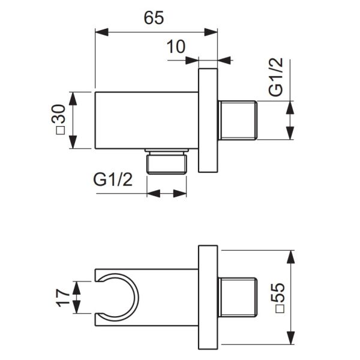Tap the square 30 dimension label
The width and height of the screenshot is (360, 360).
(x=58, y=121)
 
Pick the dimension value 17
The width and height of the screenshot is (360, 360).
(x=59, y=298)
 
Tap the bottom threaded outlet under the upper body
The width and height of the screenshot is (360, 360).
(x=167, y=161)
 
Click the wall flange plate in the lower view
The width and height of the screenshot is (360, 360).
(x=207, y=298)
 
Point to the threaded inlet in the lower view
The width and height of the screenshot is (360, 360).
(x=238, y=298)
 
